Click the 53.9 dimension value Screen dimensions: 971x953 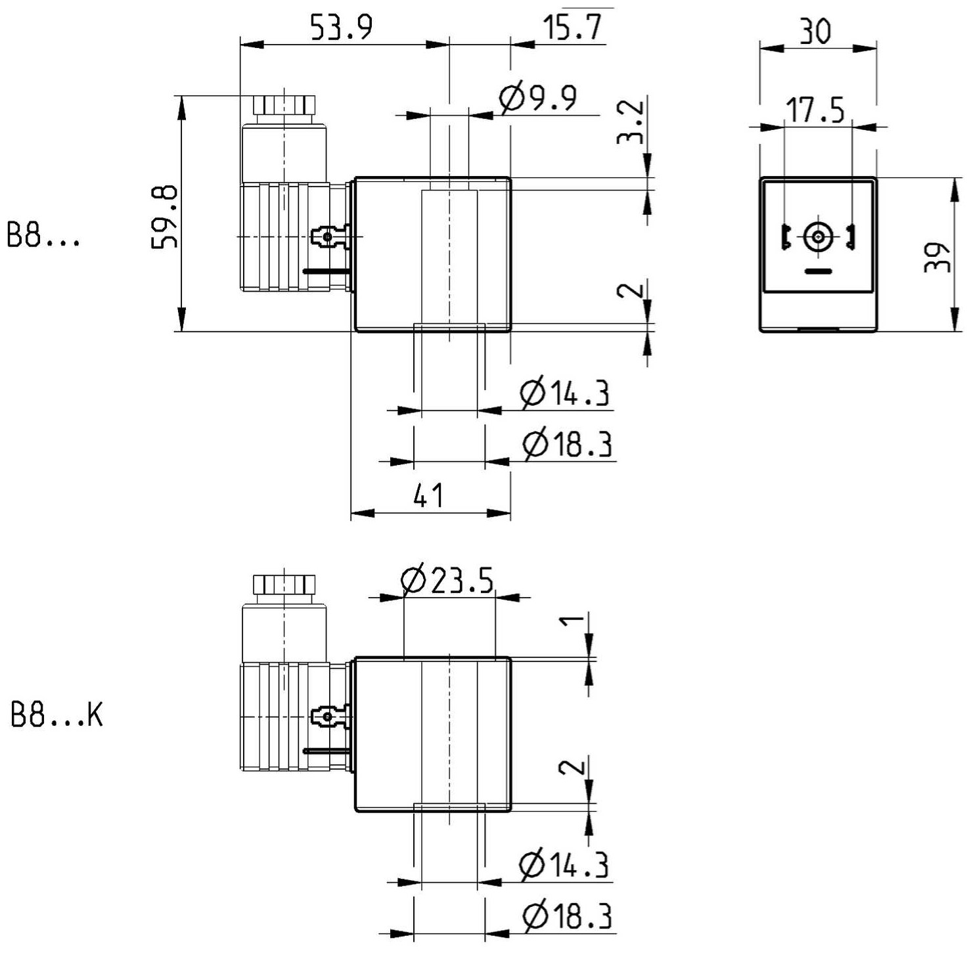coord(342,28)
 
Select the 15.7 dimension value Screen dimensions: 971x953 coord(573,28)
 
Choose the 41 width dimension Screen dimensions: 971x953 coord(429,495)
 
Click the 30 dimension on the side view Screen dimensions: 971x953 coord(815,31)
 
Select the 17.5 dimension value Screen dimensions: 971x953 coord(816,110)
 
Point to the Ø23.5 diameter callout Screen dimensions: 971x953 coord(447,579)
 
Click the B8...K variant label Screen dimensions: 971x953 coord(57,715)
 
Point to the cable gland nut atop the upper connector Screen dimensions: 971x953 coord(284,105)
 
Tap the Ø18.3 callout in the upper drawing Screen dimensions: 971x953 coord(568,444)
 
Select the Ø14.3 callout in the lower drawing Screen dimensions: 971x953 coord(564,864)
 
